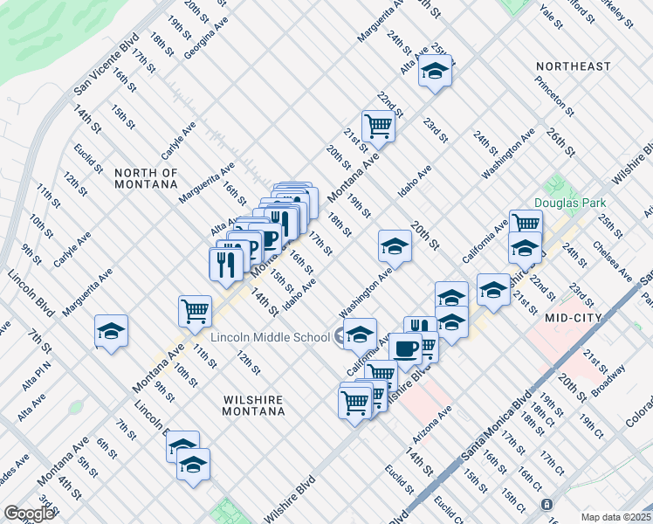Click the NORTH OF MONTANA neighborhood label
tap(146, 179)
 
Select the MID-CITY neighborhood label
tap(573, 319)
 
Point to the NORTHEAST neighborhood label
tap(574, 66)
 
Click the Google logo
tap(29, 514)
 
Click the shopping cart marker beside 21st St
tap(378, 124)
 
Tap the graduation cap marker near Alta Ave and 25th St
tap(434, 70)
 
